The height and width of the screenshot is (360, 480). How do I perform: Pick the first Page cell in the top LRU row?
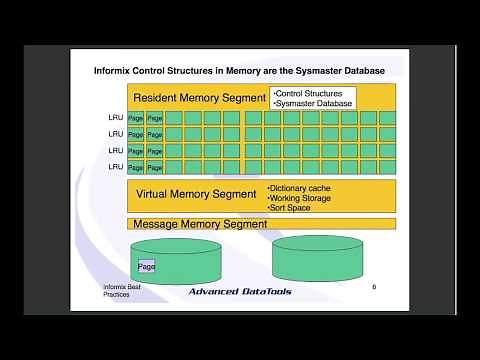tap(136, 119)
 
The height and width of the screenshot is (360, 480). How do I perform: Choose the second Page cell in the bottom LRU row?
tap(155, 165)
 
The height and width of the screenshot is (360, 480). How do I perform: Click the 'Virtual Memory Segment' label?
tap(195, 194)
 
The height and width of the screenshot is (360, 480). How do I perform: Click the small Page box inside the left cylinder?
tap(147, 267)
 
